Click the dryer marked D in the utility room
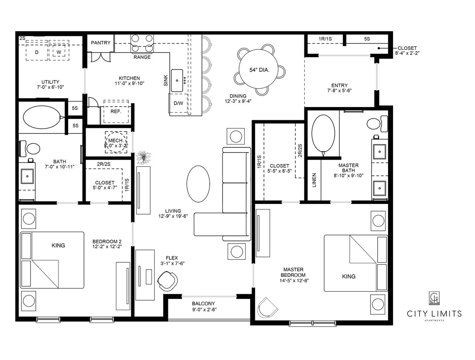point(36,52)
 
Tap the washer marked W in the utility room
point(59,52)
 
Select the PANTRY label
point(101,43)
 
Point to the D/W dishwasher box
point(178,104)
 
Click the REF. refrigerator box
point(116,111)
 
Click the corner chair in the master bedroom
point(268,306)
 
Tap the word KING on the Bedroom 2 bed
point(58,245)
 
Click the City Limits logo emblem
point(434,298)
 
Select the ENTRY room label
point(339,85)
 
